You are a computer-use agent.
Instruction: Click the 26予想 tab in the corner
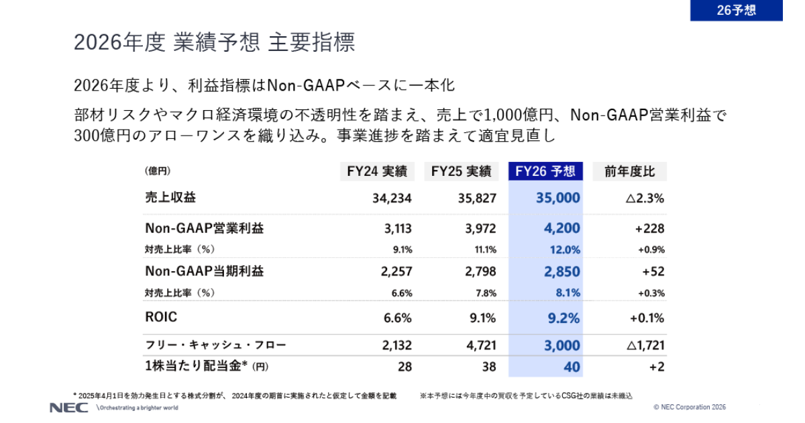tap(736, 11)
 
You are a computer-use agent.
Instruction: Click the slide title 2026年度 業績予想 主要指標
tap(214, 42)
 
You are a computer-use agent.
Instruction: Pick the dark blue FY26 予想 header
tap(545, 171)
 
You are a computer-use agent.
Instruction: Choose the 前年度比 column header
tap(629, 171)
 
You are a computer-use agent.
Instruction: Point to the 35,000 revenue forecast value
tap(558, 198)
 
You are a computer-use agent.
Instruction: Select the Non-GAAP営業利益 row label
tap(204, 228)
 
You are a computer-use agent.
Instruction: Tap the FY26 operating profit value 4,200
tap(561, 228)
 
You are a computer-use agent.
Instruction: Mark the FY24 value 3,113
tap(398, 228)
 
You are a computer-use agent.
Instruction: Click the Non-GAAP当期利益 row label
tap(204, 271)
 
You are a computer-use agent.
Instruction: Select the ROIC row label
tap(161, 317)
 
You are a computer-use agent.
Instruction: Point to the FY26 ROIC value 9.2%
tap(563, 318)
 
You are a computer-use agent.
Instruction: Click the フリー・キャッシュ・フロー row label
tap(215, 345)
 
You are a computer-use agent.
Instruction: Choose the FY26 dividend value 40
tap(572, 367)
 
